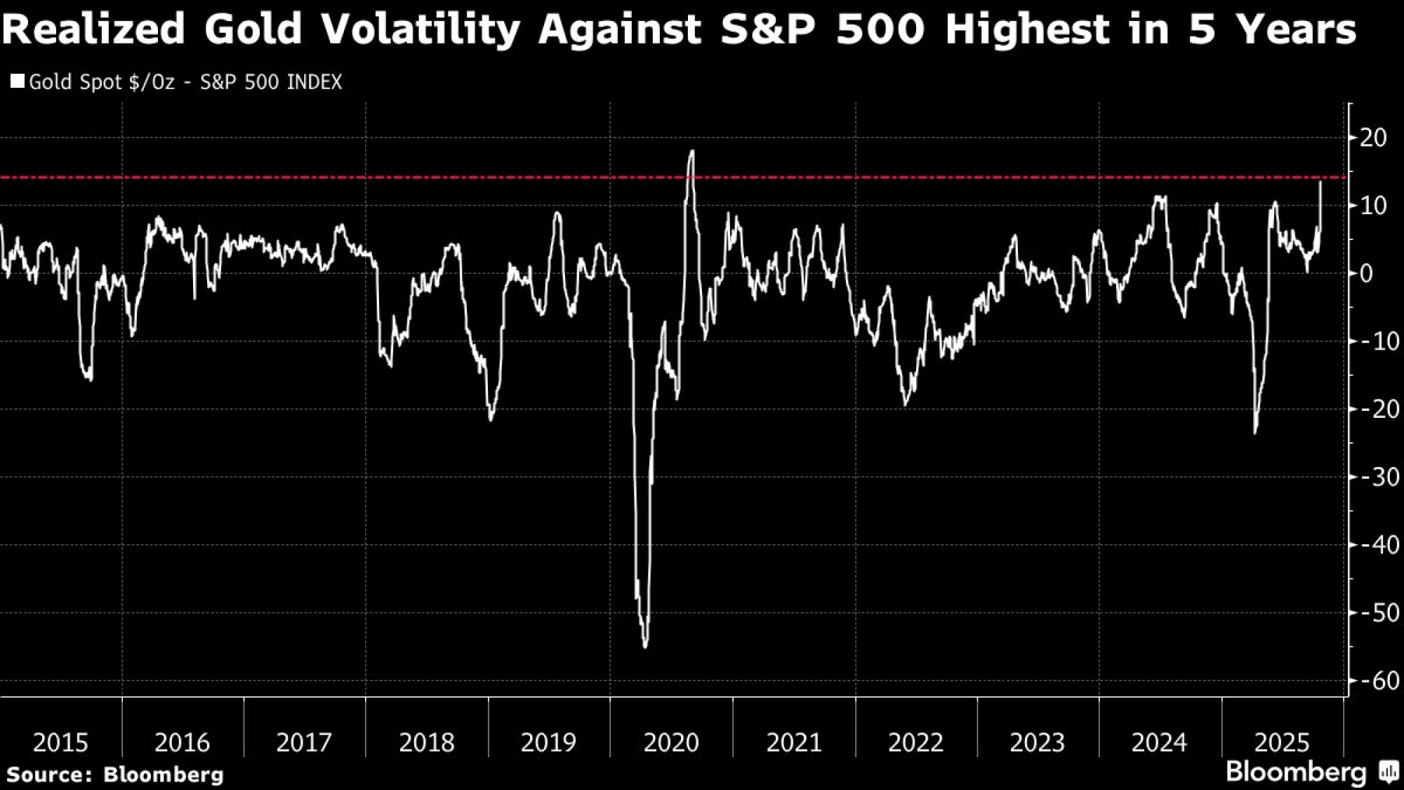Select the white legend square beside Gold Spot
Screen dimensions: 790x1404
click(x=18, y=81)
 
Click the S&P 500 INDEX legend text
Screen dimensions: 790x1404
click(x=271, y=82)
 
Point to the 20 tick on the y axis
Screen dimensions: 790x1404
click(x=1373, y=138)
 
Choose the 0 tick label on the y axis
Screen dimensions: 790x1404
click(x=1367, y=273)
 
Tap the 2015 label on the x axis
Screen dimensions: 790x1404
click(x=60, y=742)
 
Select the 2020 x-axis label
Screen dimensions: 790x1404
click(x=671, y=742)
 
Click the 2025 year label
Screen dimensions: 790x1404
click(x=1282, y=742)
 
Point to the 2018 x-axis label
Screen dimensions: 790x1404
click(x=427, y=742)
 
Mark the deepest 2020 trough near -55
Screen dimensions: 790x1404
click(x=645, y=646)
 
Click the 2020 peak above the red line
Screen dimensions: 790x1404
click(x=692, y=151)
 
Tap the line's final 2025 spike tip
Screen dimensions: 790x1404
click(x=1320, y=182)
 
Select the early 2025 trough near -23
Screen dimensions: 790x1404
click(x=1254, y=433)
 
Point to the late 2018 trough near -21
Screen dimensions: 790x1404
click(x=491, y=420)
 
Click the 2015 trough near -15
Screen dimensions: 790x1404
click(x=91, y=380)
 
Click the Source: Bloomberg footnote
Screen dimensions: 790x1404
click(x=114, y=775)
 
